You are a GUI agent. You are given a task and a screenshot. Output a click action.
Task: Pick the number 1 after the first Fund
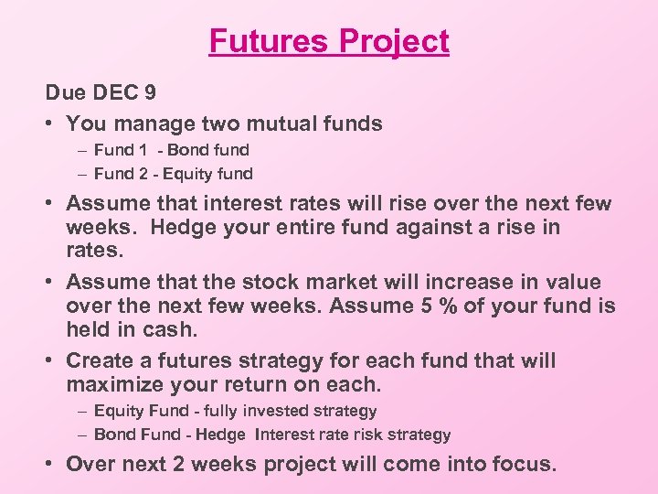click(143, 149)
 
